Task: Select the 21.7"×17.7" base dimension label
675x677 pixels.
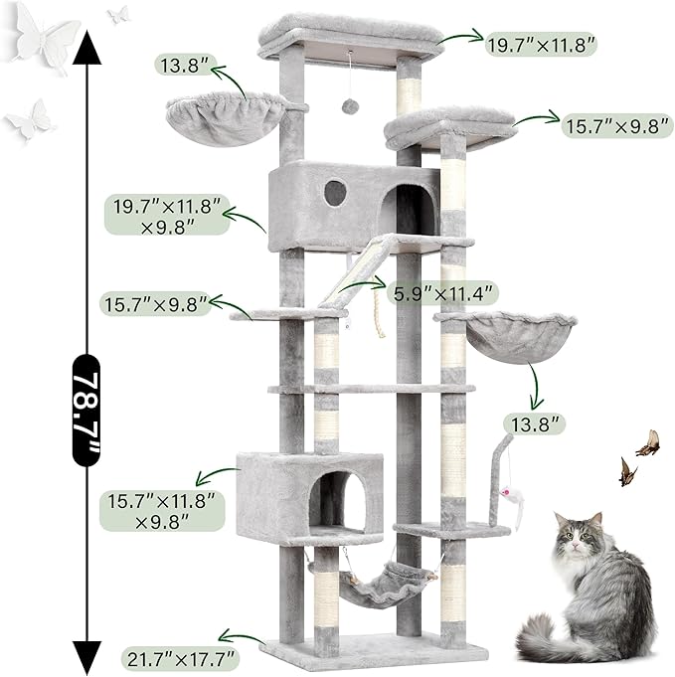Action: [180, 658]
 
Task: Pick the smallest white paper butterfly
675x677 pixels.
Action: [118, 14]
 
